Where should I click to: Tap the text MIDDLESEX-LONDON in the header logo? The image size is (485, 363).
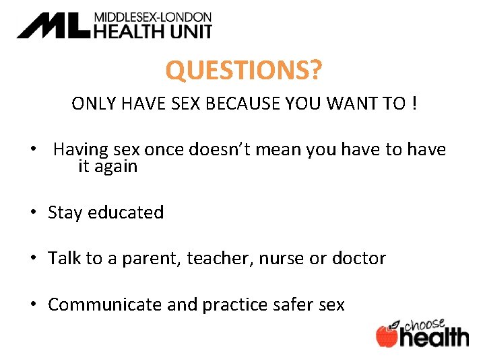[x=152, y=17]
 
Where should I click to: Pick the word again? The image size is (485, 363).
[x=116, y=167]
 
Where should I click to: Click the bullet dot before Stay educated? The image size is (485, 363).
[x=33, y=213]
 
